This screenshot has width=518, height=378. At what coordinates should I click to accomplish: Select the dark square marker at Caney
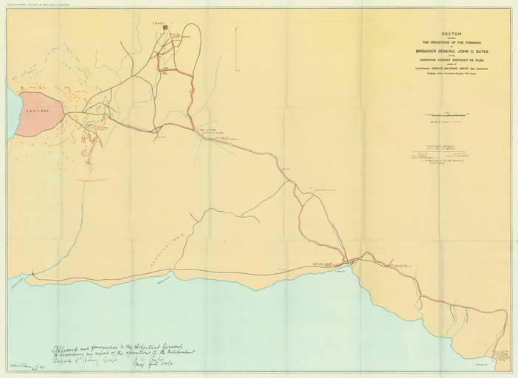point(166,28)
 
